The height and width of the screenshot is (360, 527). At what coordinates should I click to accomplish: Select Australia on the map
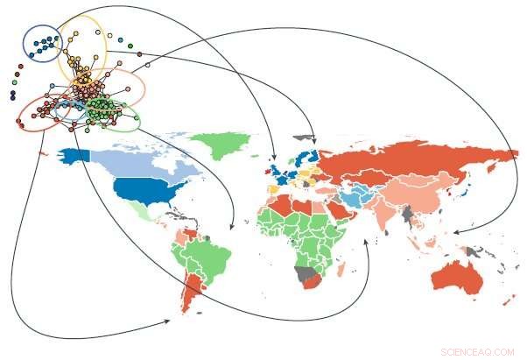point(459,279)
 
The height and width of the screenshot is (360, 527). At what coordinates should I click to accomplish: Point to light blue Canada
point(140,162)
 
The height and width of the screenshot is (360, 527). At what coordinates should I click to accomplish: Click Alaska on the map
point(75,155)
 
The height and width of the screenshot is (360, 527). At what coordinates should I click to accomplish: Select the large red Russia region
point(411,162)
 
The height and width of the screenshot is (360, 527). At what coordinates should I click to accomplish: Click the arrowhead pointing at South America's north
point(229,227)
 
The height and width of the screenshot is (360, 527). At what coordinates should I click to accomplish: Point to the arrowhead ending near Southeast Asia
point(455,232)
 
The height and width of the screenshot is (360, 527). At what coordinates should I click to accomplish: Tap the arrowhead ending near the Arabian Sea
point(365,229)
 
